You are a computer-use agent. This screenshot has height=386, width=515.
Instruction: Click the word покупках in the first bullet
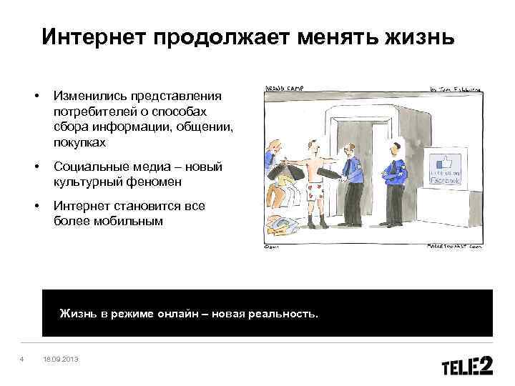tap(79, 143)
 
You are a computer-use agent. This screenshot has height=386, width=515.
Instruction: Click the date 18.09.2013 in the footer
tap(61, 358)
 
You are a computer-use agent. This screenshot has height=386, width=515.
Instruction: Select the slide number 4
tap(23, 358)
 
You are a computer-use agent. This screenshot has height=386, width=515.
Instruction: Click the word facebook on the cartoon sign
tap(448, 182)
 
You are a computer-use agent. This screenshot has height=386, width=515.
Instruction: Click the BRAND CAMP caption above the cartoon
tap(285, 88)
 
